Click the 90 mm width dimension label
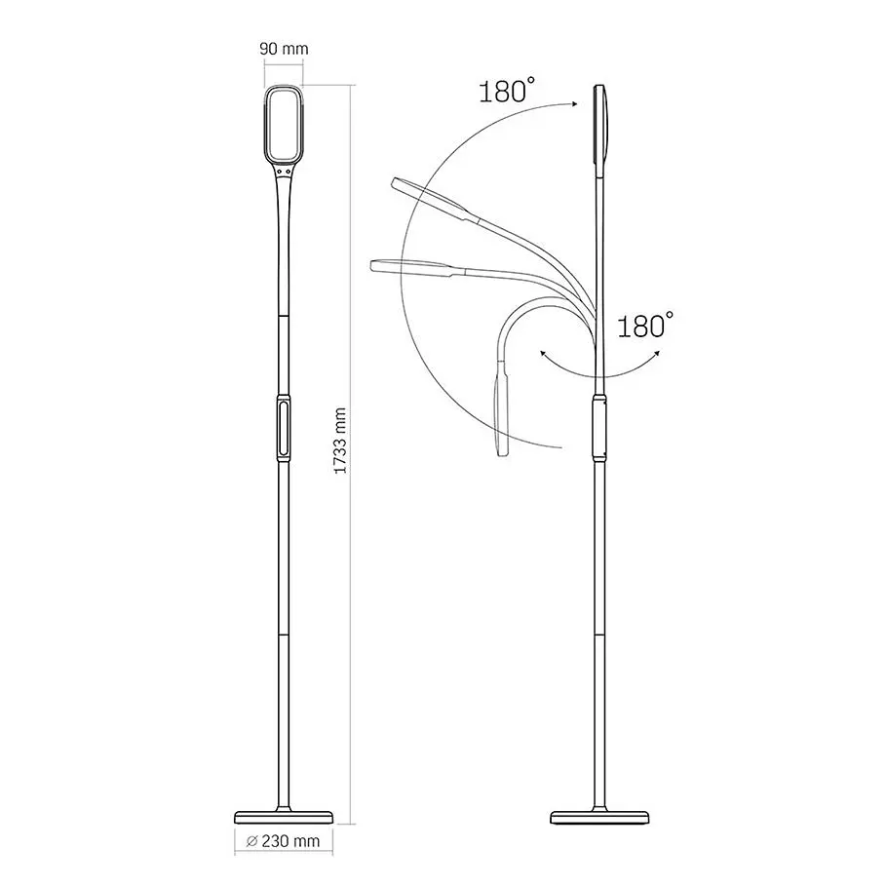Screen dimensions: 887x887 [284, 49]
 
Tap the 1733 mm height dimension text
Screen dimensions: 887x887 [340, 441]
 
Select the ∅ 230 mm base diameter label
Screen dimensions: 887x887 [284, 841]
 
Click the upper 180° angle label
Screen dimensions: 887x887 [506, 91]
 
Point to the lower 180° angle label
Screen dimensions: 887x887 [645, 326]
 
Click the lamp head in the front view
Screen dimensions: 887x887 [284, 125]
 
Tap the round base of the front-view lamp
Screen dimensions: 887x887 [284, 816]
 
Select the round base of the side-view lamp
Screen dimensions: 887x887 [599, 816]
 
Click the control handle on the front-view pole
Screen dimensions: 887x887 [284, 428]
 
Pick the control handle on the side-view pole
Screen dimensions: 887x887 [599, 428]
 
